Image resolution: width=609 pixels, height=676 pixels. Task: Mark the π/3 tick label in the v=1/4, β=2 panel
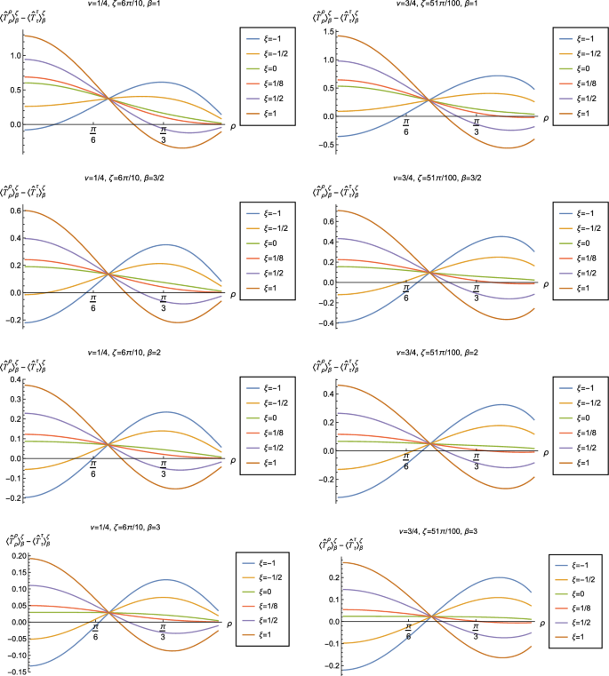[164, 470]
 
